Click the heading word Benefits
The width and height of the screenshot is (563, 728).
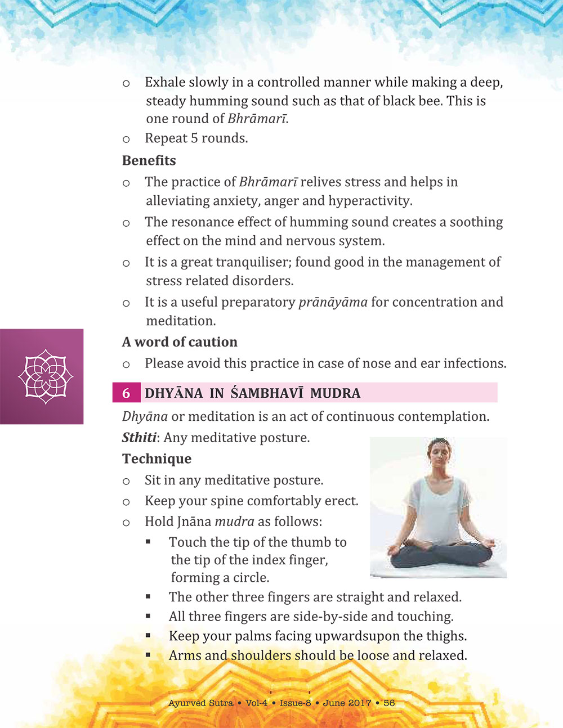149,160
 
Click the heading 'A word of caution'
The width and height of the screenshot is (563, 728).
180,342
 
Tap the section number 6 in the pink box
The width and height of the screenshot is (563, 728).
126,393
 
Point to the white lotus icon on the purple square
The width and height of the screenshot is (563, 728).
45,376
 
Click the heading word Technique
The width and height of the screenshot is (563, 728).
157,459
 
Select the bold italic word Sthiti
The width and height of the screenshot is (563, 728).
139,438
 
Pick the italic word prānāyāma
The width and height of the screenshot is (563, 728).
333,302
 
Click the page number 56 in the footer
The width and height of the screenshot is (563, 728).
389,703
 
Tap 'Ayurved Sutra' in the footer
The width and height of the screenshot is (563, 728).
201,703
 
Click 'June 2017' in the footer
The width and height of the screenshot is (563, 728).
347,703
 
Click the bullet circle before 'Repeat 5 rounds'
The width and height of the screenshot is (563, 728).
126,139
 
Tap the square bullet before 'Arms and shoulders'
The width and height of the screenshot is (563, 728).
148,655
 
